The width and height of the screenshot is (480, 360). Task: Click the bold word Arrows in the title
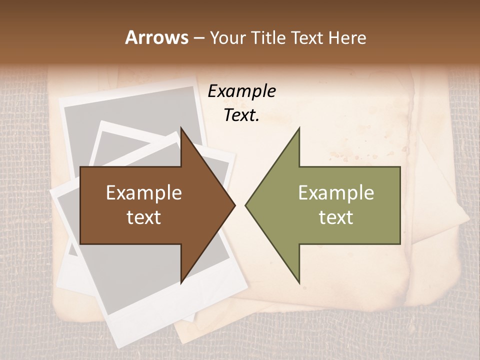tap(157, 37)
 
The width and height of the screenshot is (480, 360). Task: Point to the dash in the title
tap(199, 38)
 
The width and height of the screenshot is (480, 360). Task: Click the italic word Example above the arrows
tap(241, 91)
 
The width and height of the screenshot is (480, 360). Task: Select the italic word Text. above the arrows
tap(241, 115)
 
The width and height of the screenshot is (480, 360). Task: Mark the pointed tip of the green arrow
tap(246, 205)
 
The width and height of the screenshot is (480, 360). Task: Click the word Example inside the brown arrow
tap(144, 193)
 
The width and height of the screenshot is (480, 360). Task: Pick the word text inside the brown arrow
tap(144, 217)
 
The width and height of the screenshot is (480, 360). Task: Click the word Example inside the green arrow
tap(336, 193)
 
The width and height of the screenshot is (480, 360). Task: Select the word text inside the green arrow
tap(336, 217)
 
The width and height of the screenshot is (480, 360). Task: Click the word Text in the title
tap(307, 37)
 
